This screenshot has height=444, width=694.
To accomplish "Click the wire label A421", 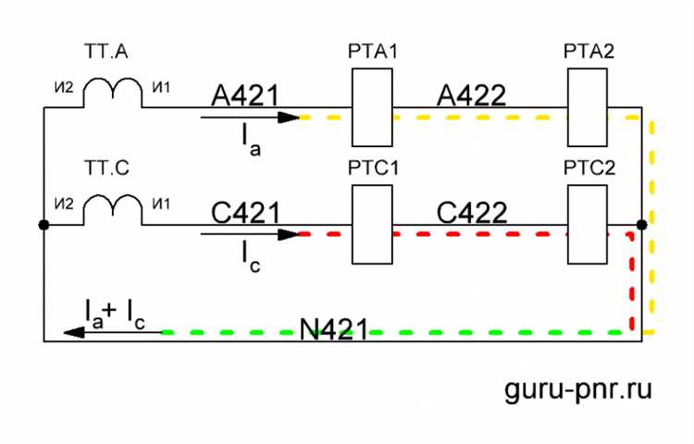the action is (245, 95).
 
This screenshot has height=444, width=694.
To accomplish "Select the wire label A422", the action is (471, 95).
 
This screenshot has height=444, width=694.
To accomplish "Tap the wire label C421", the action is (245, 213).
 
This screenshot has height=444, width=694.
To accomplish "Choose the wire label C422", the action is (472, 213).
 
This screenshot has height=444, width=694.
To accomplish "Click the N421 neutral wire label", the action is (334, 329).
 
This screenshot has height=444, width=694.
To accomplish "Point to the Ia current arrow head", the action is (289, 117).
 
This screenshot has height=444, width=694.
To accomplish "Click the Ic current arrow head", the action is (289, 234).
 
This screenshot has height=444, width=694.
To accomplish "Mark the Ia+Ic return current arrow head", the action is (74, 332).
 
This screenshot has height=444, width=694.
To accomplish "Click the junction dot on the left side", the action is (43, 225).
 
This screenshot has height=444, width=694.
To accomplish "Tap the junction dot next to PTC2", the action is (642, 225).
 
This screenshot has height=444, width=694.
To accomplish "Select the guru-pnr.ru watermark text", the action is (578, 389).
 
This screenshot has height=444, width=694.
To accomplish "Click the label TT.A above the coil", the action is (106, 52).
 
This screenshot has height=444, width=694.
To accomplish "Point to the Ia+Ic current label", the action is (115, 314).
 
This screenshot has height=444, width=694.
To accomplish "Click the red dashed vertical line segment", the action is (632, 282).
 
